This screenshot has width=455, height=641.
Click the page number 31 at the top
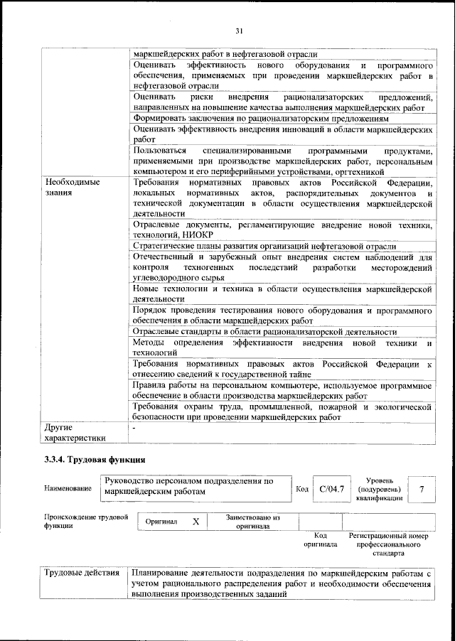(x=239, y=29)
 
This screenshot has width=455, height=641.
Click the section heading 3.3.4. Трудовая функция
(x=95, y=460)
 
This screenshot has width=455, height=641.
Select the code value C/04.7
(x=331, y=489)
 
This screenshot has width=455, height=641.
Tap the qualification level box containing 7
(x=422, y=489)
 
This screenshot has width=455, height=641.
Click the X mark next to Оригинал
(x=196, y=522)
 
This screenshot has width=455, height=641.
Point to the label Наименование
(x=68, y=489)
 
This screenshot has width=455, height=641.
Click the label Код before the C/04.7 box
(x=301, y=489)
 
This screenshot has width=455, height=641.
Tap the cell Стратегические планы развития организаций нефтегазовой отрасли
(x=264, y=245)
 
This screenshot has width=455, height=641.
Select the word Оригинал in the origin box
(x=161, y=522)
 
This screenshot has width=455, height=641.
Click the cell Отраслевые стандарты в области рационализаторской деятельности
(x=264, y=331)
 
